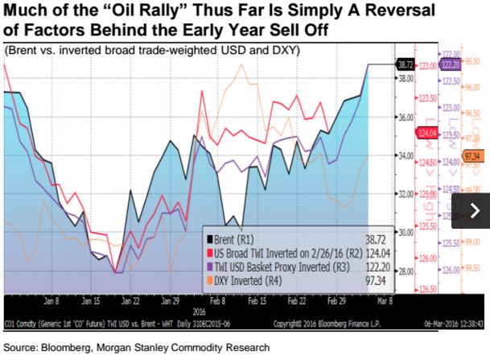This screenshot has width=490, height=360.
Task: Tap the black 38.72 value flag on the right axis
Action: pos(381,62)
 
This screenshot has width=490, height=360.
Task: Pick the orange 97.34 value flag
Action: pos(472,155)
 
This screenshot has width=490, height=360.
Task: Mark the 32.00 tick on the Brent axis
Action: pos(381,193)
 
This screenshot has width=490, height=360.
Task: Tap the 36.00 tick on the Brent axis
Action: pos(381,117)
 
